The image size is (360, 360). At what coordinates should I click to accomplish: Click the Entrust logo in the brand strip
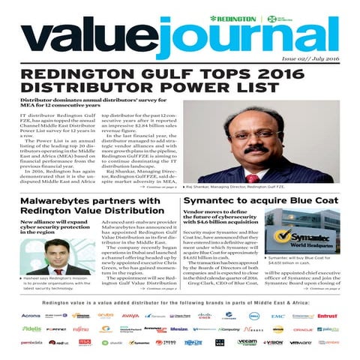pos(327,316)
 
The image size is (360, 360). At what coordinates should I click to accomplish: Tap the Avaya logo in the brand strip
pos(130,316)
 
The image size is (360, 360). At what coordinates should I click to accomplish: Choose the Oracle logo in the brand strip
pos(303,329)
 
